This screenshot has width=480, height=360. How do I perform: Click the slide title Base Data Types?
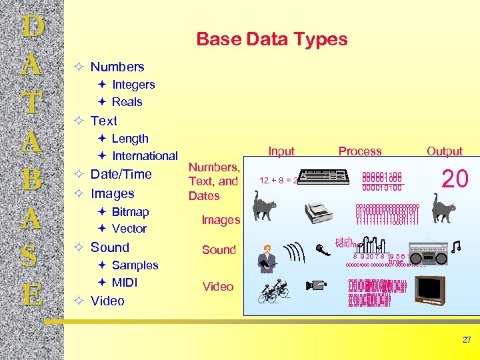click(x=271, y=39)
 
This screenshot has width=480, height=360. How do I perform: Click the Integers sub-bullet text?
click(x=133, y=85)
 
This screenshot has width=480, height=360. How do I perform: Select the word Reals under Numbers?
click(x=127, y=102)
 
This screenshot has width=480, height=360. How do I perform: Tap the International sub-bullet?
click(x=145, y=156)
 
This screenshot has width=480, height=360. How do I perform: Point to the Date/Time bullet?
click(x=121, y=174)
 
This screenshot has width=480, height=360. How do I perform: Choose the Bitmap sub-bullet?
click(x=130, y=212)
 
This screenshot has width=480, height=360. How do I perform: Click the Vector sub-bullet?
click(x=129, y=229)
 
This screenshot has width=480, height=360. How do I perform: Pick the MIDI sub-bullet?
click(x=125, y=282)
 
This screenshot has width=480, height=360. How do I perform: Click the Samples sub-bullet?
click(x=135, y=265)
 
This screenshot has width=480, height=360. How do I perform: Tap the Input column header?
click(x=281, y=151)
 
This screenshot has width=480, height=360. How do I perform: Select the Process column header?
click(x=360, y=151)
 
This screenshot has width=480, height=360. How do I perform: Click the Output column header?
click(x=445, y=151)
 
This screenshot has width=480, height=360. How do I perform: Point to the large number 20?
click(x=457, y=179)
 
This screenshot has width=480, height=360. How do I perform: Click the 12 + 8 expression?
click(x=278, y=181)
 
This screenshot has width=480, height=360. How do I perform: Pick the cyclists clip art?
click(x=273, y=291)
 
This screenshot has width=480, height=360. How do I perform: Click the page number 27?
click(x=467, y=340)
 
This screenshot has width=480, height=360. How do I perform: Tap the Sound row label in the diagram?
click(x=219, y=250)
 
